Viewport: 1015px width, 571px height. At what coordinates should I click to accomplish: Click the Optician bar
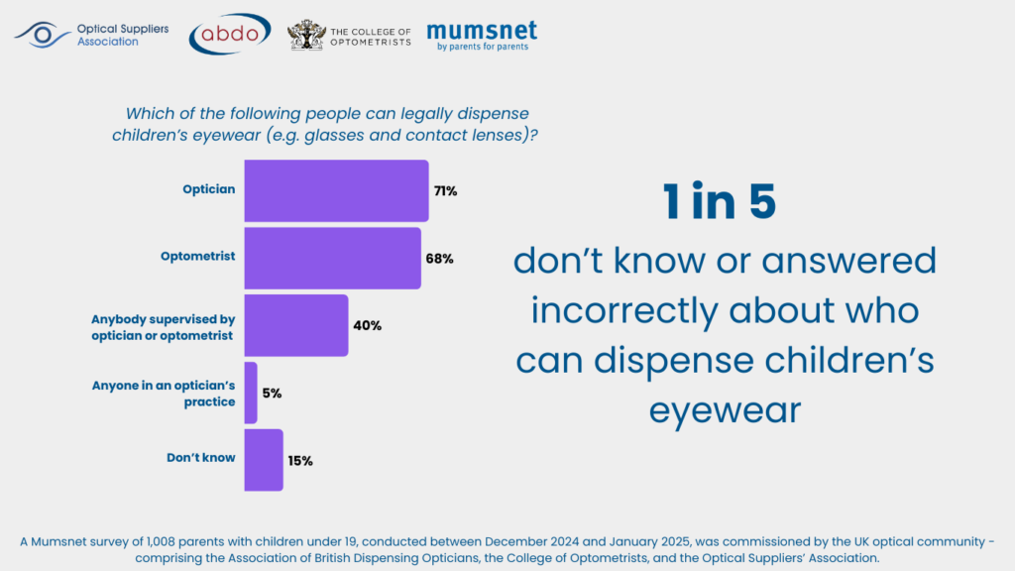pyautogui.click(x=336, y=190)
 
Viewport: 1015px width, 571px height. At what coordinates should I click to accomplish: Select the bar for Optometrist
pyautogui.click(x=332, y=258)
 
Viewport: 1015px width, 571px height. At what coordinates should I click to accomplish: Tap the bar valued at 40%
pyautogui.click(x=295, y=325)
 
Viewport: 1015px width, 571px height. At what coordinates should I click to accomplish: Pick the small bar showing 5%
pyautogui.click(x=251, y=393)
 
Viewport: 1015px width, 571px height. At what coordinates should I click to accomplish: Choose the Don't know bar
pyautogui.click(x=264, y=460)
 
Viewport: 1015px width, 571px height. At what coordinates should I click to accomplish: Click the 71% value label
pyautogui.click(x=445, y=191)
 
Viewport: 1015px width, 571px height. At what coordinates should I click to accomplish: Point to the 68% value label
pyautogui.click(x=440, y=259)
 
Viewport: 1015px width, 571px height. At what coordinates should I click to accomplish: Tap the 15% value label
pyautogui.click(x=300, y=461)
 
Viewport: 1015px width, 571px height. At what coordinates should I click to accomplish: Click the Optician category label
pyautogui.click(x=208, y=189)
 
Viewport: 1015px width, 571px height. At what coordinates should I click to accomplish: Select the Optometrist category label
pyautogui.click(x=198, y=257)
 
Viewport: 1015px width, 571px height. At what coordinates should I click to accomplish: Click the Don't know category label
pyautogui.click(x=201, y=458)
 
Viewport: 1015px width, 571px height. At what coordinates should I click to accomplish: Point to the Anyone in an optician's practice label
pyautogui.click(x=177, y=394)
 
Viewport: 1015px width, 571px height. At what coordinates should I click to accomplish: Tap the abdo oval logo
pyautogui.click(x=230, y=35)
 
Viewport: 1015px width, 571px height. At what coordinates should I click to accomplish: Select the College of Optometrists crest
pyautogui.click(x=305, y=36)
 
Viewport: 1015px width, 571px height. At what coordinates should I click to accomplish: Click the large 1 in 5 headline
pyautogui.click(x=720, y=202)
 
